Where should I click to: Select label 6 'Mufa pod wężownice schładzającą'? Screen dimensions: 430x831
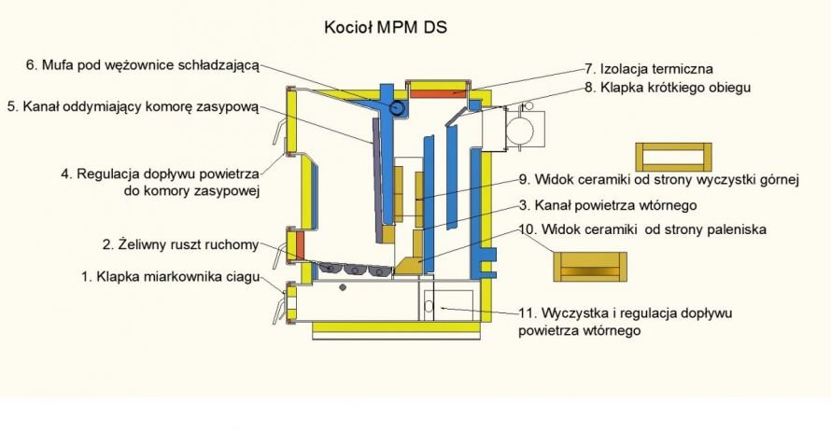click(x=142, y=65)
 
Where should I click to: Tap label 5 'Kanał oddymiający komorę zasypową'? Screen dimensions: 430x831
click(x=132, y=106)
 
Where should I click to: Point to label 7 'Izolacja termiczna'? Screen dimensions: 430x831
click(x=649, y=68)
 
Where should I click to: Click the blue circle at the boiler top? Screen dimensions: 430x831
click(x=399, y=108)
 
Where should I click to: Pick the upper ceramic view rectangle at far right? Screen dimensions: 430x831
click(x=672, y=156)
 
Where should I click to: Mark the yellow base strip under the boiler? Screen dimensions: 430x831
click(x=398, y=327)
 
